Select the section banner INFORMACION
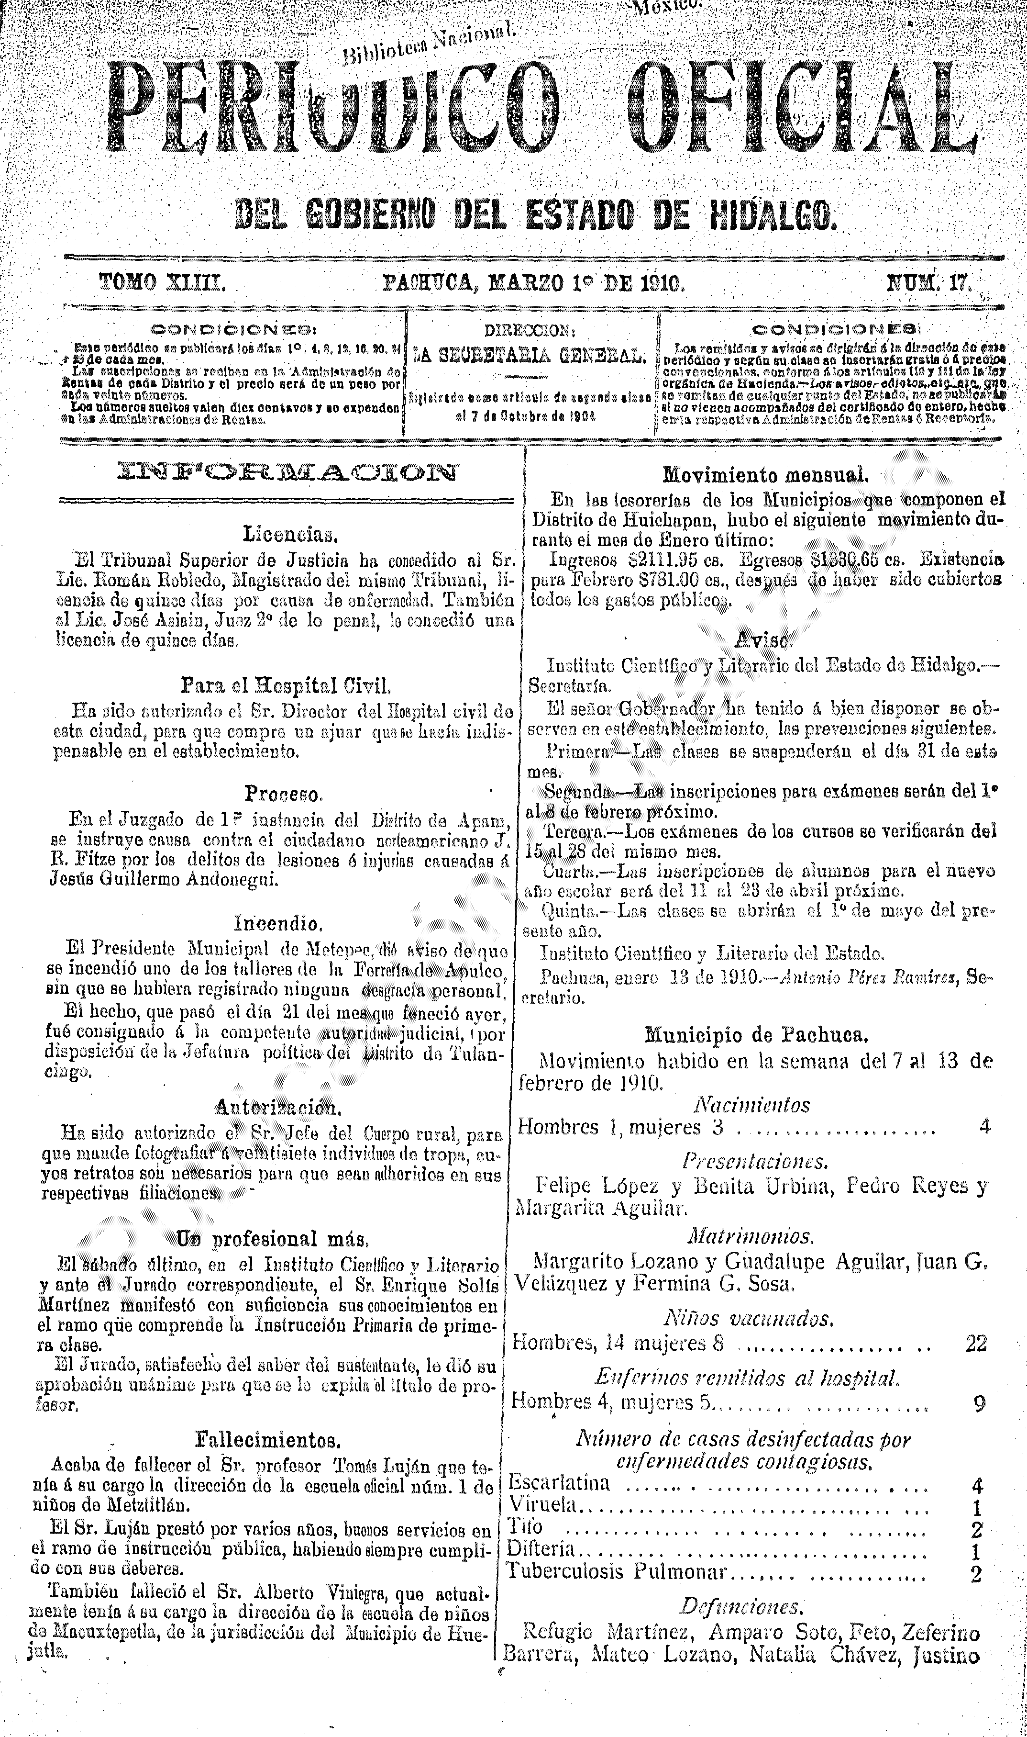click(x=288, y=473)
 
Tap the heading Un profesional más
click(x=276, y=1238)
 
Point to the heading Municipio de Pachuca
click(x=756, y=1034)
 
